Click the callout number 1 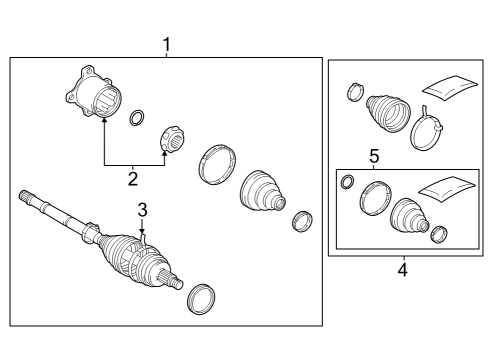pos(167,45)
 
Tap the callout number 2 pos(133,179)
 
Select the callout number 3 pos(142,210)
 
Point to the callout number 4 pos(403,269)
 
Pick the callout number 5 pos(374,156)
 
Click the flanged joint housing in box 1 pos(94,92)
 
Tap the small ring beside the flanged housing pos(137,117)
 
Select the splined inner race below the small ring pos(173,139)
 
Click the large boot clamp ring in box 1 pos(217,164)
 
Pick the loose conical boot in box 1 pos(263,192)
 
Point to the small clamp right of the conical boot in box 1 pos(302,221)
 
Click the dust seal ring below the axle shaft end pos(201,299)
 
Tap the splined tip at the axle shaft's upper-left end pos(25,195)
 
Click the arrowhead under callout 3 pos(142,230)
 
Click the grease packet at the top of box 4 pos(450,87)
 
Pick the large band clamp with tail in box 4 pos(427,129)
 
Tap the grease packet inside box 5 pos(447,189)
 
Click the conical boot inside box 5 pos(409,215)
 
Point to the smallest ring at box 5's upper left pos(348,181)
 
